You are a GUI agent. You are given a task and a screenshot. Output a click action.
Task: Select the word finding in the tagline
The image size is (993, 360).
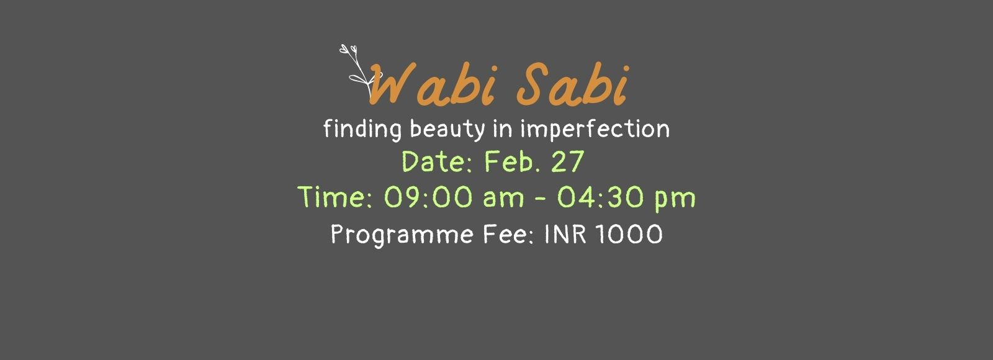pyautogui.click(x=362, y=130)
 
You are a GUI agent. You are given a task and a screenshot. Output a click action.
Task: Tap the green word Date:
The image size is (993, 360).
pyautogui.click(x=438, y=161)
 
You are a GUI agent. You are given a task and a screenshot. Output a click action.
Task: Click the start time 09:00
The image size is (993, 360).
pyautogui.click(x=428, y=197)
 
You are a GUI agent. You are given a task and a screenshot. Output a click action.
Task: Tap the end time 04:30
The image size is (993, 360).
pyautogui.click(x=601, y=197)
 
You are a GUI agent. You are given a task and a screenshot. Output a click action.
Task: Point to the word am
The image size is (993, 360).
pyautogui.click(x=503, y=199)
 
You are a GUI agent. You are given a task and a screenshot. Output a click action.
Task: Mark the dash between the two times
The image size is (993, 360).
pyautogui.click(x=541, y=198)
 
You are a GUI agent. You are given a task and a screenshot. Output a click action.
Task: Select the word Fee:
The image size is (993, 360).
pyautogui.click(x=508, y=233)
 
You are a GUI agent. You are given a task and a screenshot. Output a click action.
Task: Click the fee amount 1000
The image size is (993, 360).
pyautogui.click(x=629, y=233)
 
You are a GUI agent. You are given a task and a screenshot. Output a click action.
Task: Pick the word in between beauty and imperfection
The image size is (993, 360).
pyautogui.click(x=503, y=128)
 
